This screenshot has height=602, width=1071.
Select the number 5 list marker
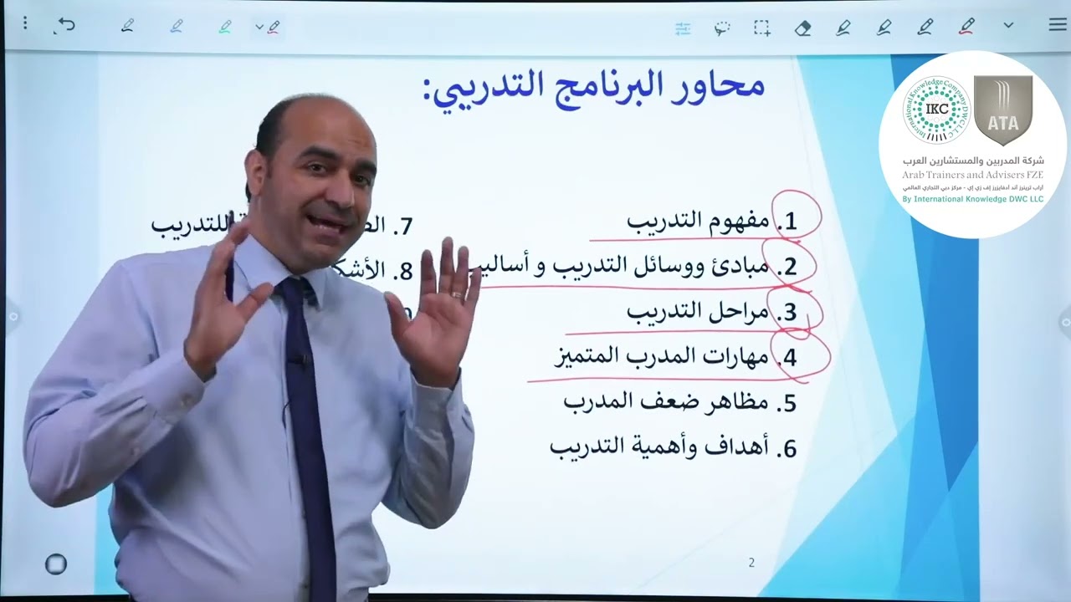click(x=787, y=403)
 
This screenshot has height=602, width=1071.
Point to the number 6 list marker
click(x=787, y=448)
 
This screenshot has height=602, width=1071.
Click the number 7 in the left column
click(x=405, y=226)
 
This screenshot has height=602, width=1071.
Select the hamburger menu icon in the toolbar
click(x=1057, y=26)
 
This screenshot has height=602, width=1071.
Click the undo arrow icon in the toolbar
click(x=65, y=26)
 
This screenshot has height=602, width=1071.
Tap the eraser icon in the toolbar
click(x=802, y=28)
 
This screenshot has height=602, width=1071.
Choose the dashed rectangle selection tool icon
click(x=761, y=28)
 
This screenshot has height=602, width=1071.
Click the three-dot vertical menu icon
click(x=25, y=23)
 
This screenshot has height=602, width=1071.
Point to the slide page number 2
click(x=751, y=563)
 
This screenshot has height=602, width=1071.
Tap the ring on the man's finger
click(x=457, y=294)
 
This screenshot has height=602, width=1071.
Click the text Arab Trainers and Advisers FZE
click(x=973, y=174)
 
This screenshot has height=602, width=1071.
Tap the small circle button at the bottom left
click(x=55, y=564)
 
